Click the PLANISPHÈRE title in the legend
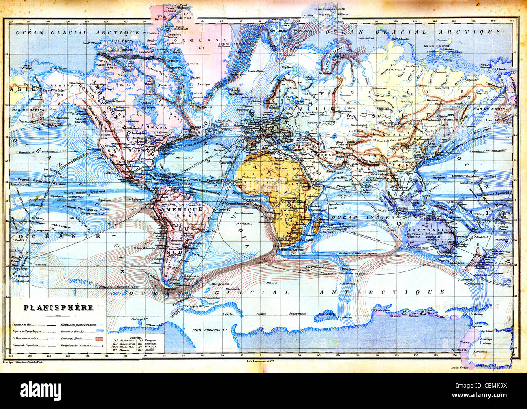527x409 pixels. pyautogui.click(x=59, y=307)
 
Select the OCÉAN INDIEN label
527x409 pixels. pyautogui.click(x=355, y=217)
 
